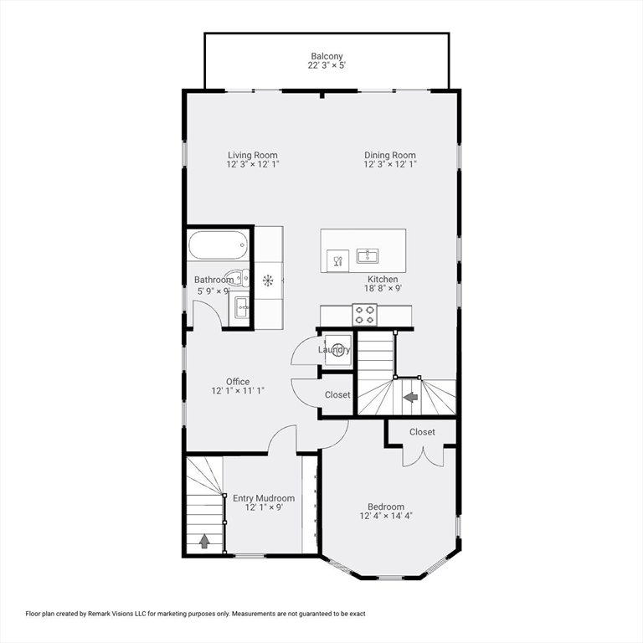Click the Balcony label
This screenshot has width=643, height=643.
pos(327,56)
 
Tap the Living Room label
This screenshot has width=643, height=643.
pos(252,155)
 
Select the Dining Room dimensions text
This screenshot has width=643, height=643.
pos(389,165)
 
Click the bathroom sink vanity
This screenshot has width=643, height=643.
pos(242,307)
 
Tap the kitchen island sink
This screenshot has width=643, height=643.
pos(368,255)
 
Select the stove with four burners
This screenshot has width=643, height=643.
pos(365,314)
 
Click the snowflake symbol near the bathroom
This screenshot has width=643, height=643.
pos(269,280)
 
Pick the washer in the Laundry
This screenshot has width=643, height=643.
pos(339,350)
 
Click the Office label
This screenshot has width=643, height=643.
pos(238,382)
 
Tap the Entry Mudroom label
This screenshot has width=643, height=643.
pos(264,498)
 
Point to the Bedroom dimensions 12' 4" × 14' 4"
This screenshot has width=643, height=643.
pos(386,517)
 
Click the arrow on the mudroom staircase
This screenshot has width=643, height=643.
pos(204,541)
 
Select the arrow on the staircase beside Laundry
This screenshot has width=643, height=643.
pos(411,396)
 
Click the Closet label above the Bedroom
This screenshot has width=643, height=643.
pos(422,432)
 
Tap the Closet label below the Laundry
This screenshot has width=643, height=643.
pos(337,395)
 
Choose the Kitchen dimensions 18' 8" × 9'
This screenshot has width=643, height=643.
pos(383,290)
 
